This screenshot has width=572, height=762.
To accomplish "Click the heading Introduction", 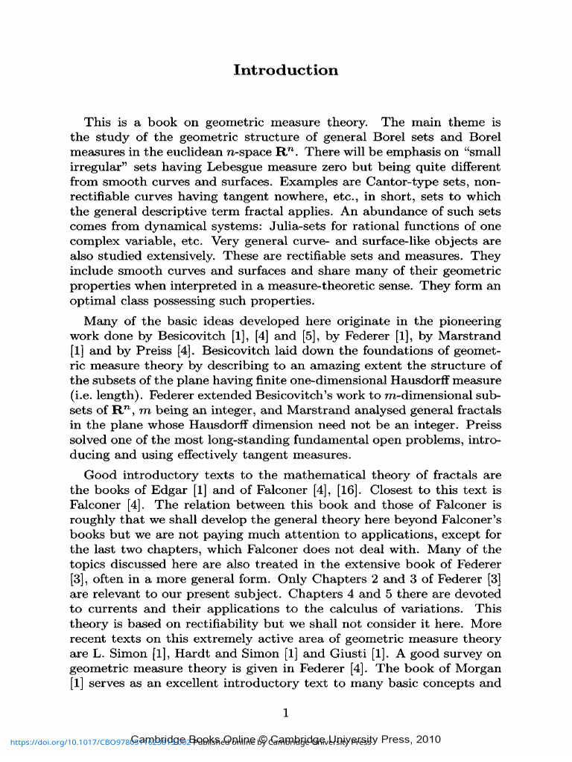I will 285,71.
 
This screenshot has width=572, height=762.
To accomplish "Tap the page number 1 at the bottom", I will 285,713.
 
